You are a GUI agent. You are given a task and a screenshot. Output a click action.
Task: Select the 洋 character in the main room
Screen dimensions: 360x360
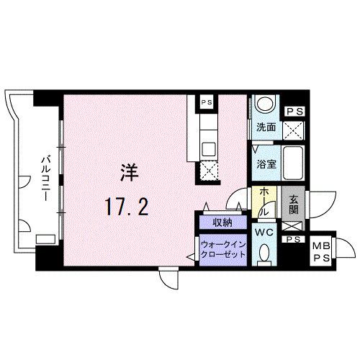128,174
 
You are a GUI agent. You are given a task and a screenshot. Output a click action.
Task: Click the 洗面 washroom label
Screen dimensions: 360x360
264,128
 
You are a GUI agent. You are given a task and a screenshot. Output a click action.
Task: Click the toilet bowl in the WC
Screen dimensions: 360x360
265,253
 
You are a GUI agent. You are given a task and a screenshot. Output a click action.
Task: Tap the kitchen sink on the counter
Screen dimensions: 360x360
209,150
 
